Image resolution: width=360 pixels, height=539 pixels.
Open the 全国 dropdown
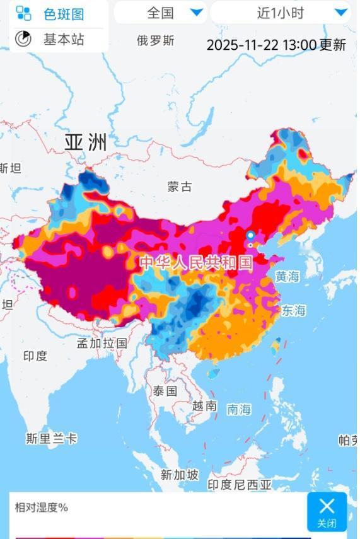(160, 13)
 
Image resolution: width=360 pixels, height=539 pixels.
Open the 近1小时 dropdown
(280, 13)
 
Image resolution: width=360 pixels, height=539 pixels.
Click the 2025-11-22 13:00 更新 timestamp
(276, 45)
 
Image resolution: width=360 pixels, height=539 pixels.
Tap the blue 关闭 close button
(327, 511)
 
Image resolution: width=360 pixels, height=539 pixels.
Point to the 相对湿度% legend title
(42, 507)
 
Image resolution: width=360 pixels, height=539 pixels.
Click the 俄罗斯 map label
(155, 41)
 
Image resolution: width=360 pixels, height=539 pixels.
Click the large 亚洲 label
(86, 142)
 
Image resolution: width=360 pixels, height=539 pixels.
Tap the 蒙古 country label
(179, 187)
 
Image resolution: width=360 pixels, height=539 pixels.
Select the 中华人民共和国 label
(195, 262)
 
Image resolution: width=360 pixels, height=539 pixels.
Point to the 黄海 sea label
(287, 277)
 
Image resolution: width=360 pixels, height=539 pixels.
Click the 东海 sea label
(293, 310)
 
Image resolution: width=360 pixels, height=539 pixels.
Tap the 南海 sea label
(239, 410)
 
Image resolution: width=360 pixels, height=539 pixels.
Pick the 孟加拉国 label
(102, 344)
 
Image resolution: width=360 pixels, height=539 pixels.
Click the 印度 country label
(35, 356)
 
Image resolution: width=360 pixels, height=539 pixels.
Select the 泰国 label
(165, 391)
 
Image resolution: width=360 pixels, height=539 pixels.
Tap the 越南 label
(204, 406)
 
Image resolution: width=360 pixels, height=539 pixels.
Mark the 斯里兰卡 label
(52, 439)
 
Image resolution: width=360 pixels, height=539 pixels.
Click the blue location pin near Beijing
(250, 236)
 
